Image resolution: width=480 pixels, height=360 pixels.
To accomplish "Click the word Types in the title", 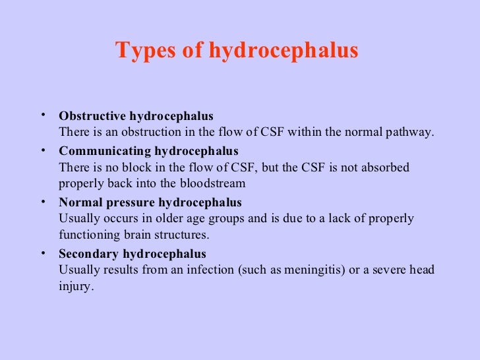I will coord(139,50).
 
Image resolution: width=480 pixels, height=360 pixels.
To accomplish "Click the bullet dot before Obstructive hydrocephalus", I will coord(43,115).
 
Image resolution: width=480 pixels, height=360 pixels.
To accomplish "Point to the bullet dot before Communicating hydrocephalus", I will coord(43,150).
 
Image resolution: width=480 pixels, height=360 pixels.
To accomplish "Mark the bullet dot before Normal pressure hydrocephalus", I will coord(43,201).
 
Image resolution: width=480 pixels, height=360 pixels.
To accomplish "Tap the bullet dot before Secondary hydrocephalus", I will coord(43,253).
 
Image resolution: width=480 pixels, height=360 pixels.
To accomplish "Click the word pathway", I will coord(411,132).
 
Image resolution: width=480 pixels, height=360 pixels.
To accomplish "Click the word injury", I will coord(72,286).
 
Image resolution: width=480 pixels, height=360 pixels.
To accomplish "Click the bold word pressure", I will coord(129,202).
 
